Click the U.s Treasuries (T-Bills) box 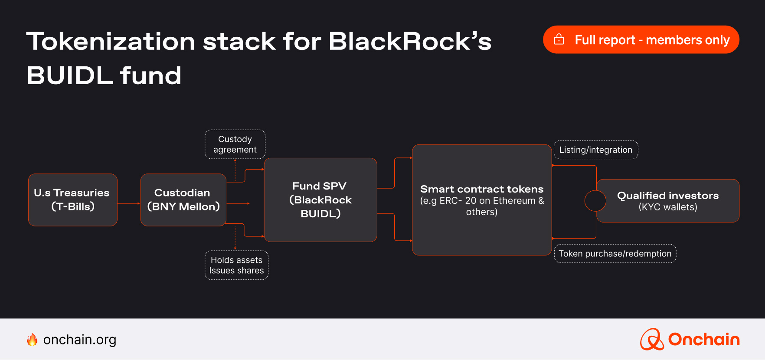(x=72, y=200)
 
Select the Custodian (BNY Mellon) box (x=183, y=200)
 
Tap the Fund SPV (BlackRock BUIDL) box (x=320, y=200)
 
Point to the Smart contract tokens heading (x=481, y=189)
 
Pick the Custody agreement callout (x=235, y=144)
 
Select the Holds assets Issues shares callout (x=236, y=265)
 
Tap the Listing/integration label (x=595, y=150)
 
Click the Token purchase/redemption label (x=615, y=254)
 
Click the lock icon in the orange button (x=559, y=39)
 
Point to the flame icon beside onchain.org (x=32, y=340)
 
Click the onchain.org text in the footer (x=80, y=340)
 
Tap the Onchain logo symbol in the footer (x=651, y=339)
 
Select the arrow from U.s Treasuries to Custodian (x=128, y=203)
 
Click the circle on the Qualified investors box (x=595, y=201)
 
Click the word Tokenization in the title (x=111, y=42)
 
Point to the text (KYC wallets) (x=668, y=207)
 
